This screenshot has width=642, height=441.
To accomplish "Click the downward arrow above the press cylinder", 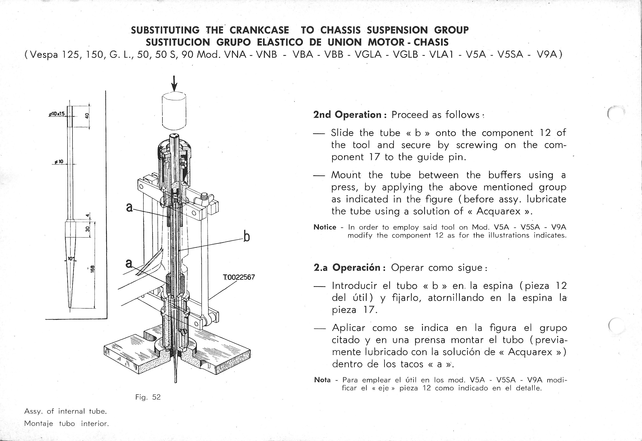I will pos(174,84).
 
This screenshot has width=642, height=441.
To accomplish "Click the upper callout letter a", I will pos(129,207).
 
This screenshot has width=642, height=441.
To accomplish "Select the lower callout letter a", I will pos(129,263).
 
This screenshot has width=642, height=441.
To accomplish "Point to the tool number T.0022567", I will pos(239,277).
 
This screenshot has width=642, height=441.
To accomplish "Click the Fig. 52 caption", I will pos(148,397).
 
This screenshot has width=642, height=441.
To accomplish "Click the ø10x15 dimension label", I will pos(56,114).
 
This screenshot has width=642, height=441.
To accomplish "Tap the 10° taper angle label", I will pos(71,259).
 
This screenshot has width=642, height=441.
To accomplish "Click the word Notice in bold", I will pos(325,227).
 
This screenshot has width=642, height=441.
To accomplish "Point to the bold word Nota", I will pos(322,380).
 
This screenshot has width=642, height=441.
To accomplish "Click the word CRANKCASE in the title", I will pos(259,30).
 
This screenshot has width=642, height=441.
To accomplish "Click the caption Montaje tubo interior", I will pos(66,424).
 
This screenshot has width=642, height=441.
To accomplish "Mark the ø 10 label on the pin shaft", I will pos(59,162).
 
